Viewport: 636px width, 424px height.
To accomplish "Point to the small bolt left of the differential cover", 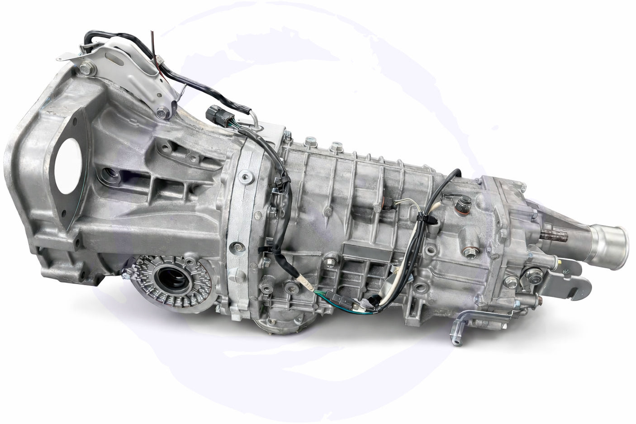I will pos(125,272).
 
